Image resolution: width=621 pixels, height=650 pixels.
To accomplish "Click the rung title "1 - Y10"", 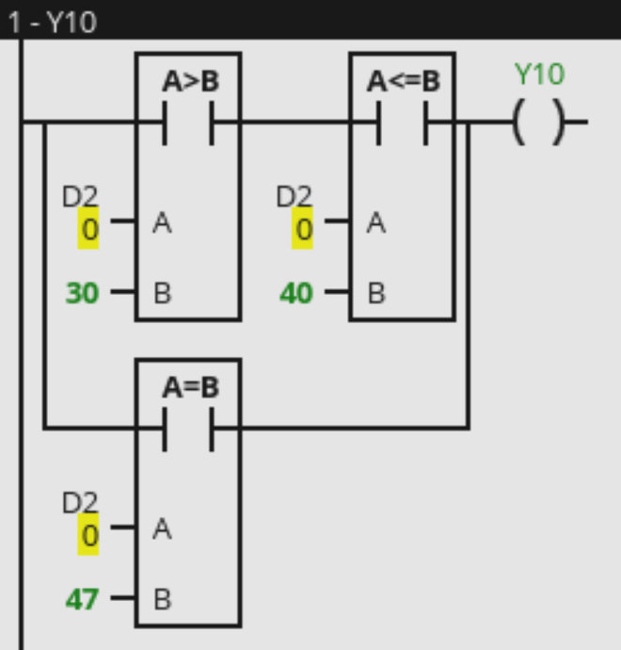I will (53, 21).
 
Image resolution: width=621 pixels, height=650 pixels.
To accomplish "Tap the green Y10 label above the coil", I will (540, 74).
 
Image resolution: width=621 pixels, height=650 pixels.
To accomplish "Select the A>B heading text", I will (190, 82).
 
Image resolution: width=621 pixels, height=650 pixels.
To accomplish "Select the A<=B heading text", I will (403, 82).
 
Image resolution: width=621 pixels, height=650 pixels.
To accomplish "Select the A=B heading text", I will (188, 387).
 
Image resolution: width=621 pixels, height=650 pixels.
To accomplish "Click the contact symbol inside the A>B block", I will (188, 122).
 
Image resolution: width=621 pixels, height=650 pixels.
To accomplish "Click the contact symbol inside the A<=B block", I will (403, 122).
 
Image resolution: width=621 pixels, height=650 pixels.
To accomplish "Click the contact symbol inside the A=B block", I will (188, 429).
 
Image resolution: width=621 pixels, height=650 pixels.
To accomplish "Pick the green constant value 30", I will (82, 294).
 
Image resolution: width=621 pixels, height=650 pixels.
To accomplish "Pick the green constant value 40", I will (296, 294).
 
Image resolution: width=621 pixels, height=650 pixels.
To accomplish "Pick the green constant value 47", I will (82, 599).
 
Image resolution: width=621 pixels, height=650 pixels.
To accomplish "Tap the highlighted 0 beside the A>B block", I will (88, 229).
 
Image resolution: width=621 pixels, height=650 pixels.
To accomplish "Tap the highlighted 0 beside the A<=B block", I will (302, 229).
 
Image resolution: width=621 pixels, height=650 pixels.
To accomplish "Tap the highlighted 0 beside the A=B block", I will (88, 535).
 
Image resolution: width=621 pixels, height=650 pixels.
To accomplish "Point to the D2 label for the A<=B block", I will (294, 197).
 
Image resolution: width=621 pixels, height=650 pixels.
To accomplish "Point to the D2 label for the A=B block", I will (80, 503).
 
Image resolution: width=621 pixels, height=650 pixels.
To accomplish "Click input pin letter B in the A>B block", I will (162, 294).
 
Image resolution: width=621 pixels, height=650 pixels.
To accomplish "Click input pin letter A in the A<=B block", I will (376, 224).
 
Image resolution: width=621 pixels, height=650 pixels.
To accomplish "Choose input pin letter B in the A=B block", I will (162, 599).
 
